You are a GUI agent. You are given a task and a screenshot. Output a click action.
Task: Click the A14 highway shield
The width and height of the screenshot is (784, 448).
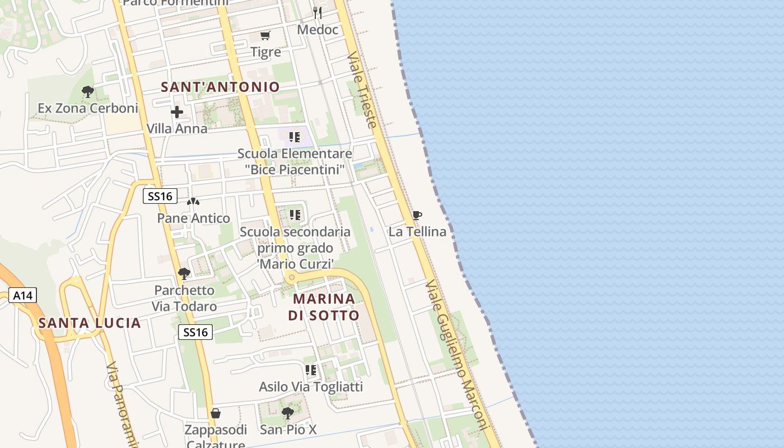tap(23, 295)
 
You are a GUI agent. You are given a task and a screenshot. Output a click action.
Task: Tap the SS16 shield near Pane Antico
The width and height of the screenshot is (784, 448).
tap(160, 196)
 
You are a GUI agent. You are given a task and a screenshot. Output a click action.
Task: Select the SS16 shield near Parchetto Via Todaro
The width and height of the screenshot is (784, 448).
tap(195, 332)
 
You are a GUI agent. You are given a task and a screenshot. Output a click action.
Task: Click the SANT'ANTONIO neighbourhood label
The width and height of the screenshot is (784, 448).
tap(220, 87)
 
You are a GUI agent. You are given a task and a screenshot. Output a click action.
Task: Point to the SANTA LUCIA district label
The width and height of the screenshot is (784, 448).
tap(90, 323)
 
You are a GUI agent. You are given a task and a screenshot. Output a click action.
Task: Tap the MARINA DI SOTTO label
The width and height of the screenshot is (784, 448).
tap(324, 307)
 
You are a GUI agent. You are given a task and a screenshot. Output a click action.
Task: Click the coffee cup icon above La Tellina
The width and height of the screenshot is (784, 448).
tap(417, 215)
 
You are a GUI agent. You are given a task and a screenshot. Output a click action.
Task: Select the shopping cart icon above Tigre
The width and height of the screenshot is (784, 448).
tap(265, 36)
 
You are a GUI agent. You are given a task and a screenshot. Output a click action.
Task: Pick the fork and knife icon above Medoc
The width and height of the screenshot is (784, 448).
tap(318, 12)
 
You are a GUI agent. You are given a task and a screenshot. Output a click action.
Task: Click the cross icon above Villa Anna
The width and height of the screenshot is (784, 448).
tap(177, 112)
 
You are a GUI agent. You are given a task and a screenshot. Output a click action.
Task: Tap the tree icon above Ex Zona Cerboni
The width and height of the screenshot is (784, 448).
tap(87, 91)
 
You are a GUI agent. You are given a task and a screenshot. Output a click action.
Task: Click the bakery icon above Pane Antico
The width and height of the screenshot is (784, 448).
tap(193, 202)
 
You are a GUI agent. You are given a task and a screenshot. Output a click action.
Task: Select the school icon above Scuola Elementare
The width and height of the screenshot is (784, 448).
tap(295, 137)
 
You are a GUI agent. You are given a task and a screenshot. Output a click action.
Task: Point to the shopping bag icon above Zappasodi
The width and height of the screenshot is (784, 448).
tap(216, 414)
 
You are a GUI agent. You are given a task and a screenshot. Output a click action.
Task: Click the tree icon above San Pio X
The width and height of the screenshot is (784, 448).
tap(288, 413)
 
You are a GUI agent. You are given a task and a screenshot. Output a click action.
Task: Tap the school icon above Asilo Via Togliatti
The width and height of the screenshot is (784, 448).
tap(311, 370)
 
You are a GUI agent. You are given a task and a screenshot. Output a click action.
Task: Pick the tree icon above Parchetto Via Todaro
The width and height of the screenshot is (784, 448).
tap(184, 274)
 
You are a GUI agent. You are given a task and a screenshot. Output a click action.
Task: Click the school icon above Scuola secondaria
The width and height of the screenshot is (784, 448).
tap(295, 215)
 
